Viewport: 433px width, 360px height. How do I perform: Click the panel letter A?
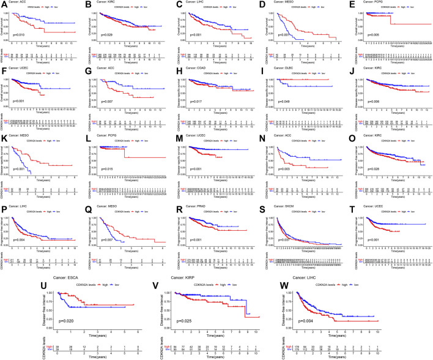click(3, 4)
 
